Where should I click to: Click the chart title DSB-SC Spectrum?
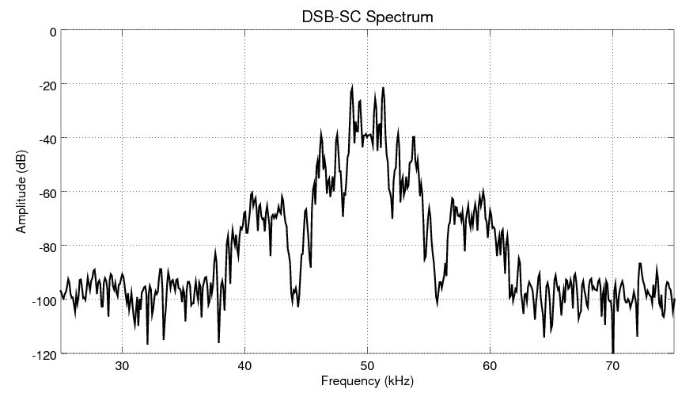click(366, 15)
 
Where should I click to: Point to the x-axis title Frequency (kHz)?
click(366, 381)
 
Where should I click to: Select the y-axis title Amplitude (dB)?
click(21, 192)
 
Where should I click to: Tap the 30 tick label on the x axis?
click(122, 365)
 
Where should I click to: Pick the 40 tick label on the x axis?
click(244, 365)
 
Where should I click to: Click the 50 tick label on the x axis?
click(367, 365)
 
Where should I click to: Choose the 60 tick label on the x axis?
click(490, 365)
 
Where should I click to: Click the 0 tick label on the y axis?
click(52, 32)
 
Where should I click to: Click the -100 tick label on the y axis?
click(44, 300)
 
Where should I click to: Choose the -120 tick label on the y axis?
click(44, 353)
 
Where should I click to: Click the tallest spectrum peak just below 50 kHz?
click(351, 86)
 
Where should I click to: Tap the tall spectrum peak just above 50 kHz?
click(383, 88)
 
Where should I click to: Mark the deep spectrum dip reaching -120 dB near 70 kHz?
click(612, 352)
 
